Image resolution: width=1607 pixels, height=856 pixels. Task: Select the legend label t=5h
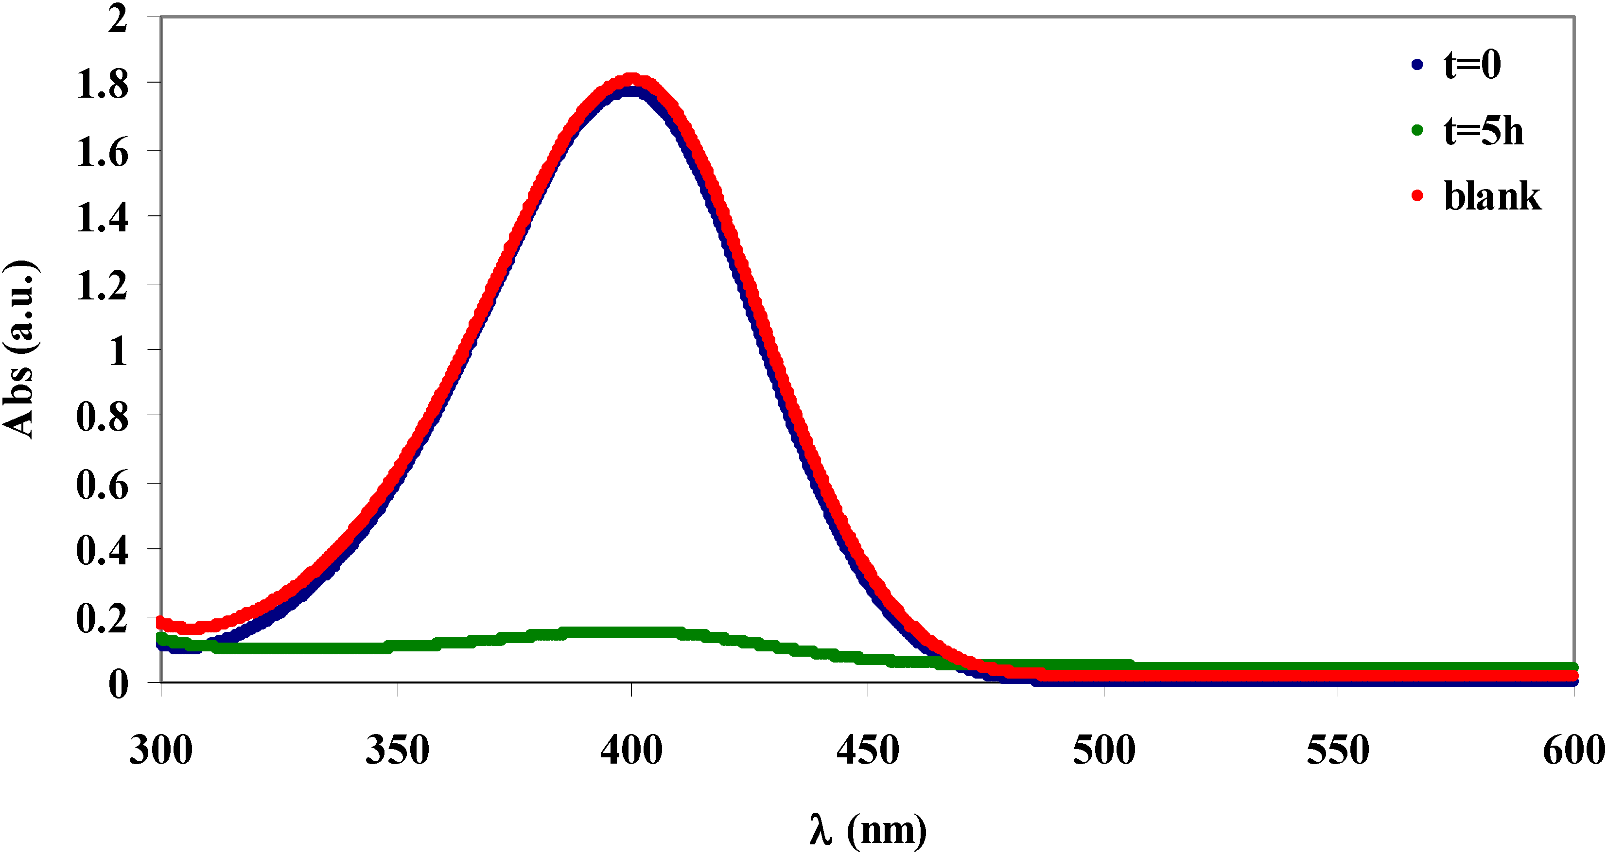click(x=1483, y=131)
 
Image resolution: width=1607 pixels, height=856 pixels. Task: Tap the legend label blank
click(x=1492, y=196)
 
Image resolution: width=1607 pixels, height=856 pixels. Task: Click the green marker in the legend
click(x=1417, y=130)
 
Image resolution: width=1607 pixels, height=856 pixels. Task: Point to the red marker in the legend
click(x=1417, y=196)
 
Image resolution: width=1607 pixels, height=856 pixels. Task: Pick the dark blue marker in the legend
click(x=1417, y=64)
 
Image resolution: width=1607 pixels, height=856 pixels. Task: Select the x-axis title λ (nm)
click(x=868, y=830)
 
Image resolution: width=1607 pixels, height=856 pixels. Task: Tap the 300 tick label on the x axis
click(x=161, y=750)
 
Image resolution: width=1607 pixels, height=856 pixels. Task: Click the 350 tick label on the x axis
click(x=398, y=750)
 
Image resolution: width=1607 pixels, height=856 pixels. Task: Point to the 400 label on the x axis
click(x=631, y=750)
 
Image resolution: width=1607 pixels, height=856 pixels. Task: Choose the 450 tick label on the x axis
click(x=868, y=750)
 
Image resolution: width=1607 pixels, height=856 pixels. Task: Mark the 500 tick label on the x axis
click(x=1103, y=750)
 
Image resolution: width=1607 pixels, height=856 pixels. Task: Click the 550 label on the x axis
click(x=1338, y=750)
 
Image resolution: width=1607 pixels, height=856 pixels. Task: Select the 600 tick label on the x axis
click(x=1573, y=750)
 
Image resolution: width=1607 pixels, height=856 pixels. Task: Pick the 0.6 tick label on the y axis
click(x=102, y=485)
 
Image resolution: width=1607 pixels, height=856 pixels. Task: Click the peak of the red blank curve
click(x=631, y=80)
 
